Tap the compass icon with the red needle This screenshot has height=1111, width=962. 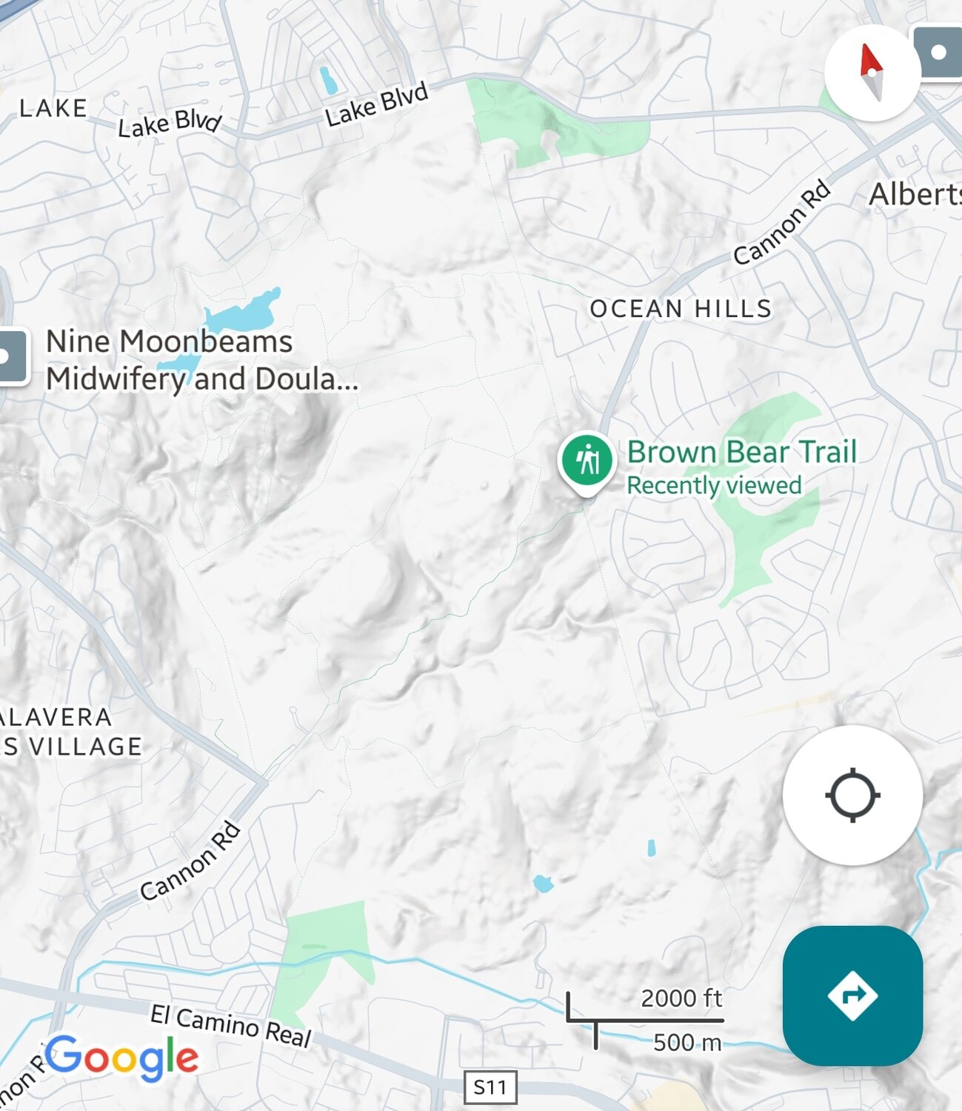point(872,72)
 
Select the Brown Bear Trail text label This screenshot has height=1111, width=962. point(741,451)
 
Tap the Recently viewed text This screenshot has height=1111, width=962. point(714,485)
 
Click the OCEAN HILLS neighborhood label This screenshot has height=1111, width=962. point(681,308)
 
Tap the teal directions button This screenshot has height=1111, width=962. point(852,995)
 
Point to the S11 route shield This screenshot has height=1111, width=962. point(490,1087)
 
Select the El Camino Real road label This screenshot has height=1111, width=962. point(230,1025)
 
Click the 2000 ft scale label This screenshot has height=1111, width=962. point(681,998)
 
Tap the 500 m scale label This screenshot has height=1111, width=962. point(687,1043)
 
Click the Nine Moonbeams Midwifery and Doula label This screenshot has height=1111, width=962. point(201,360)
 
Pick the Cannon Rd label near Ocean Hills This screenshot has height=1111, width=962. point(782,221)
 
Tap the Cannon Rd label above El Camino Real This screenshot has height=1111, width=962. point(191,861)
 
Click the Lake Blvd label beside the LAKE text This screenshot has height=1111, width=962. point(170,124)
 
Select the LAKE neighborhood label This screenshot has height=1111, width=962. point(53,108)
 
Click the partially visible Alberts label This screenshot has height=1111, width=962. point(915,195)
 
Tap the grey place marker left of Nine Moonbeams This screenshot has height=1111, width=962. point(11,357)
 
